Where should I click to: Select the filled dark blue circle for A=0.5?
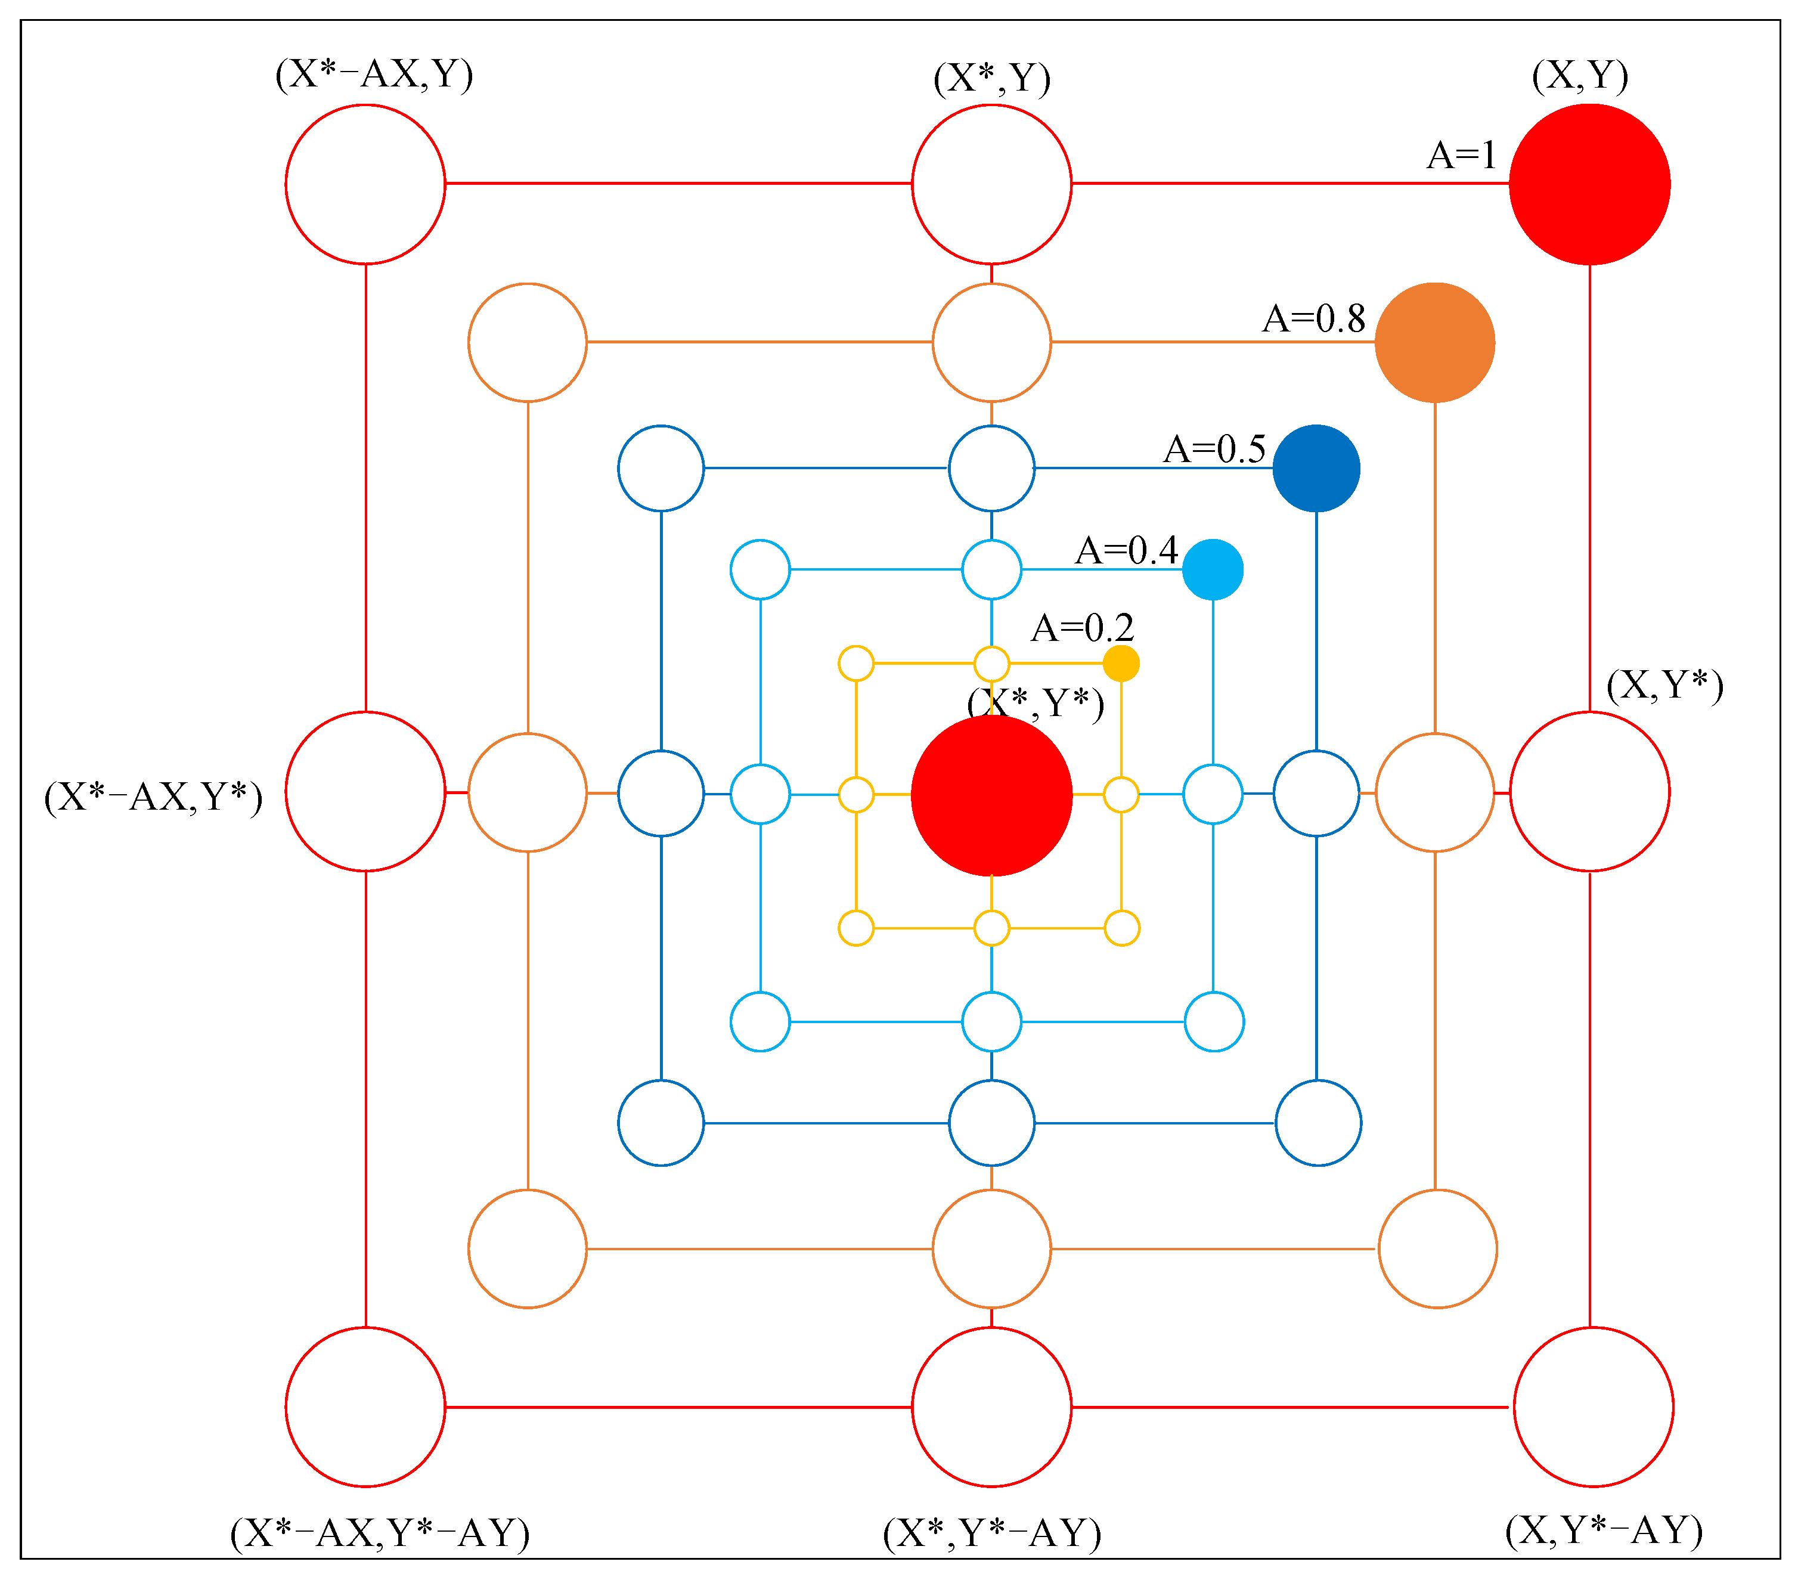click(1316, 468)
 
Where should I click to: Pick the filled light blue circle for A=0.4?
click(1212, 569)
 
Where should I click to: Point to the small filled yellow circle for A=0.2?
click(1121, 663)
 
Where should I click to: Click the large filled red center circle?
click(991, 795)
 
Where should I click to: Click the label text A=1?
click(1461, 155)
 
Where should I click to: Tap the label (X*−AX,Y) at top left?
click(374, 74)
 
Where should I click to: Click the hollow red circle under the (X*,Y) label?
click(991, 184)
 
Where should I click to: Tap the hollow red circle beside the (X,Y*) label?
click(1589, 792)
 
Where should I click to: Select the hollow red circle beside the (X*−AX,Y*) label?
click(365, 792)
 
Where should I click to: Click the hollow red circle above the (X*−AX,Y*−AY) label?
click(365, 1406)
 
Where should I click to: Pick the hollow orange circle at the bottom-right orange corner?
click(1437, 1249)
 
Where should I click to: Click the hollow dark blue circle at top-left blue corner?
click(661, 468)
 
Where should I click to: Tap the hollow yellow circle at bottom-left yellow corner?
click(856, 928)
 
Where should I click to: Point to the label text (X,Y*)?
click(1664, 685)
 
